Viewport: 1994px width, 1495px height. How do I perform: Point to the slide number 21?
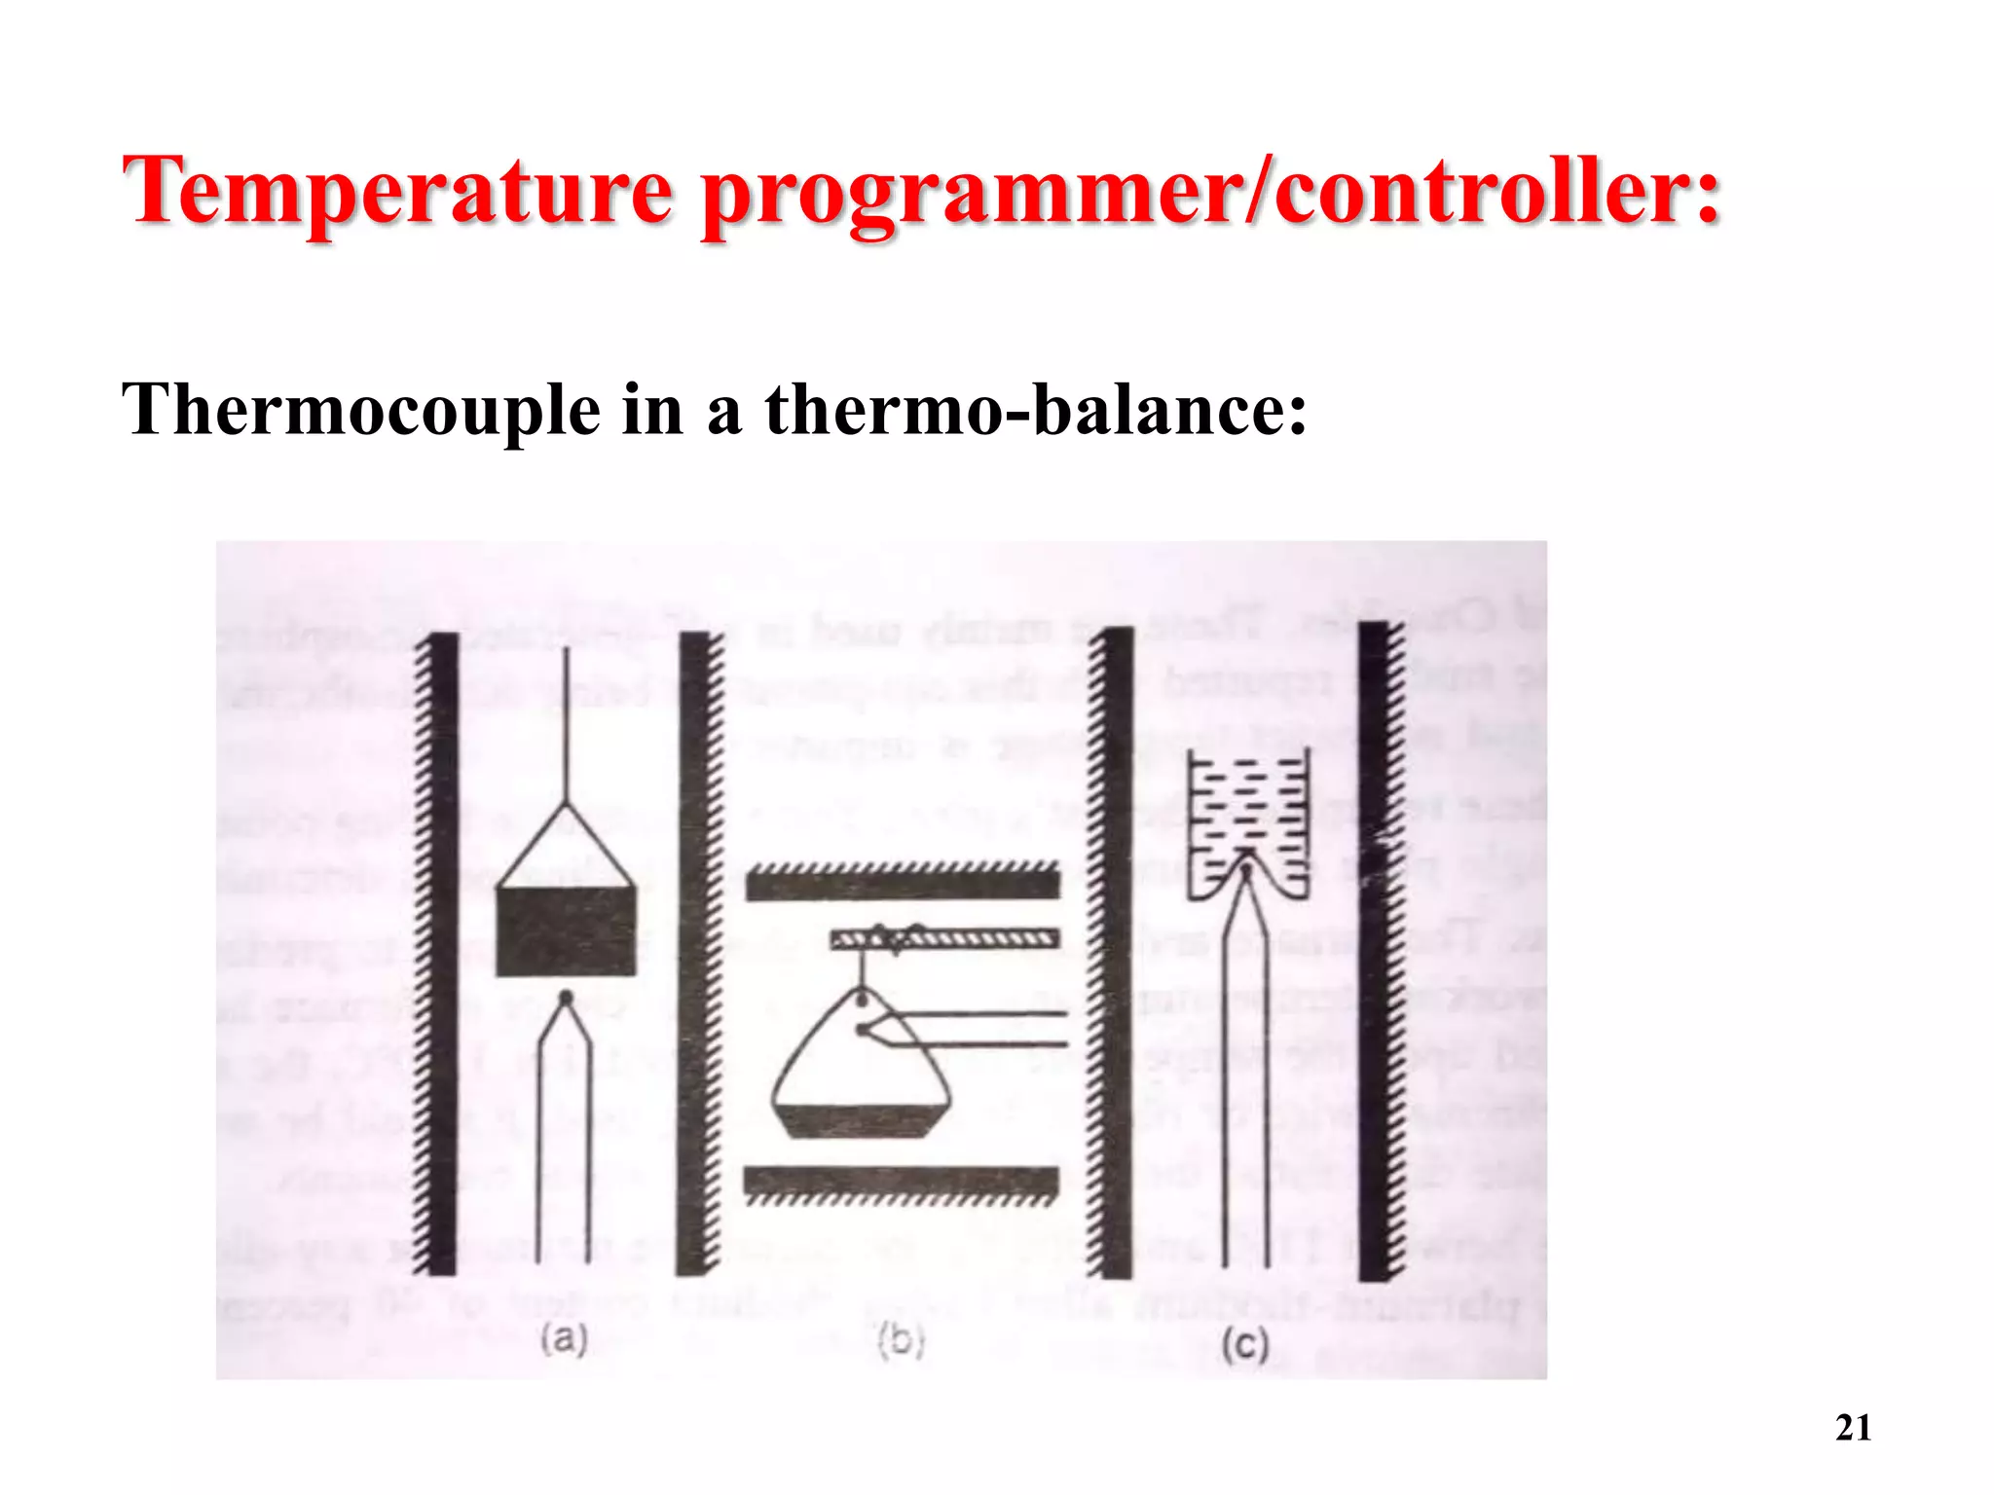coord(1853,1428)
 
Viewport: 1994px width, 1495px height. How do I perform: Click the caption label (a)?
coord(564,1340)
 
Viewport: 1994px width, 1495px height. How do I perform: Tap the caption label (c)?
coord(1245,1346)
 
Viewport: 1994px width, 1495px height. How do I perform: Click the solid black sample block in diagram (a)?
coord(566,931)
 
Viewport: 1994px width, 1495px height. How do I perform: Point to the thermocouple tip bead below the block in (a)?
coord(565,998)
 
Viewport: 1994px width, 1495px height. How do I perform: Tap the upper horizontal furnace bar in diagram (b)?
coord(903,882)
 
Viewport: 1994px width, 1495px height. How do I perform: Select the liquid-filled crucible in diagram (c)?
coord(1247,822)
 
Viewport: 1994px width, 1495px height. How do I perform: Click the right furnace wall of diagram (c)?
coord(1378,954)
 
